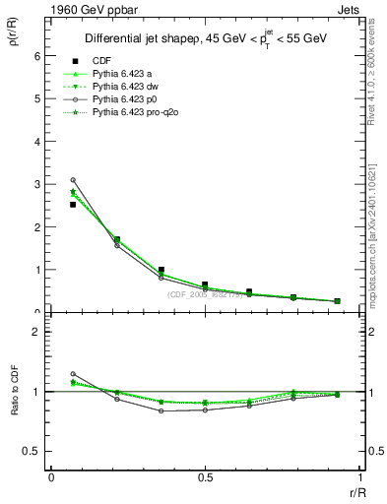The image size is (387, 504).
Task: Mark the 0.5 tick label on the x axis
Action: point(205,477)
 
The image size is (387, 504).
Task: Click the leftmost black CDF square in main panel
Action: point(73,205)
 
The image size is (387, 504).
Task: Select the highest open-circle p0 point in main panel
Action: point(73,180)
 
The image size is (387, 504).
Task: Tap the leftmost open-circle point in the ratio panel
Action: point(73,374)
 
